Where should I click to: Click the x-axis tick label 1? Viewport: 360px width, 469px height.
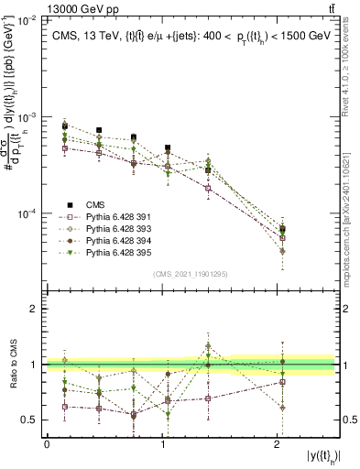163,445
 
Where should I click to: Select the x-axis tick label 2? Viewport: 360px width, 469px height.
278,445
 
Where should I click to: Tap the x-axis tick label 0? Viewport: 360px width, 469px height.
47,445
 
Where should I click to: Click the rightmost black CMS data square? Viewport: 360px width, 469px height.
282,229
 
